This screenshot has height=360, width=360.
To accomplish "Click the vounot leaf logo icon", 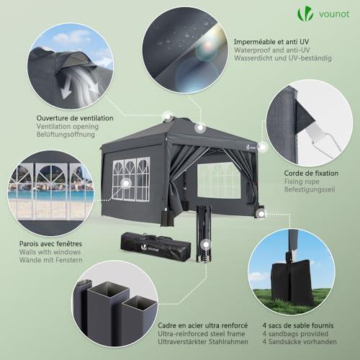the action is point(305,14).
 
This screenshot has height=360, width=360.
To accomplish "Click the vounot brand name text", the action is point(334,14).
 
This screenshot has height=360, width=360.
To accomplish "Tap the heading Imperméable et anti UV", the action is point(271,42).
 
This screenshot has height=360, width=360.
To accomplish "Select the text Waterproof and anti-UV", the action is point(272,50).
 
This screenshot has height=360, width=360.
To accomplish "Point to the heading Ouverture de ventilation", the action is point(75,118).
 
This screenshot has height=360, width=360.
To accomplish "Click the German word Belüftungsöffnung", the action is point(66,135).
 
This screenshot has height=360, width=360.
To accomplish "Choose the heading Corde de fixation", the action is point(311,173).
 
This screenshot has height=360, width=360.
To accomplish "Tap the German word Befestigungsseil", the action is point(310,189).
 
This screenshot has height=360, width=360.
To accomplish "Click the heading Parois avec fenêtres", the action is point(50,244).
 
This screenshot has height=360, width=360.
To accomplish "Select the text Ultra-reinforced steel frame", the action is point(202,334).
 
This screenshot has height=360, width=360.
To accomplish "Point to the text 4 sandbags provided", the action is point(295,334).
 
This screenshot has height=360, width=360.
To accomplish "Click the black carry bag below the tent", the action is point(156,246).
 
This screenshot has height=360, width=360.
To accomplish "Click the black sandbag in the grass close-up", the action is point(291,284).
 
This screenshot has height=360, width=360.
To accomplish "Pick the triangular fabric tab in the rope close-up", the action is point(304,120).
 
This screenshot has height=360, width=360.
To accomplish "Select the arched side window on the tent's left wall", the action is point(131,179).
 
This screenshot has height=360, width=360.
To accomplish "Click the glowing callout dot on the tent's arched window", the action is point(126,184).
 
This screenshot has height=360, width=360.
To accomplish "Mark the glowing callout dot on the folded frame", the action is point(206,245).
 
